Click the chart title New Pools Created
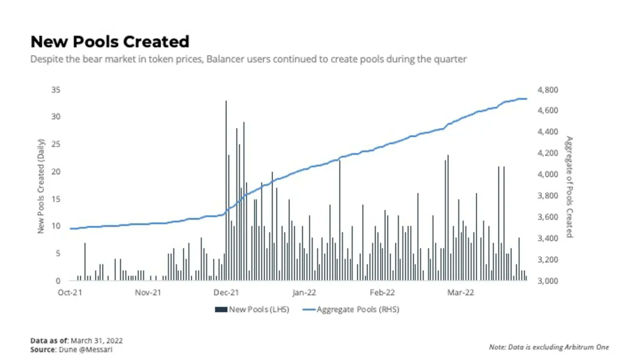110,42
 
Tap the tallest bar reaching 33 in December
226,189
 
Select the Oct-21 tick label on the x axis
70,293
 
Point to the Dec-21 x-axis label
226,293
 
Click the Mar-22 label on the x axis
461,293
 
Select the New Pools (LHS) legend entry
252,310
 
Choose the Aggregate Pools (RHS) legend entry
351,310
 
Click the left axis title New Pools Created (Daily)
41,186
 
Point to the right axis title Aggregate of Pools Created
569,187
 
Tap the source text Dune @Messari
85,350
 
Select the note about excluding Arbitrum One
549,347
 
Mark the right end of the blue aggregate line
526,99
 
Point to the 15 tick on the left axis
56,199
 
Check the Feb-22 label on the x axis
382,293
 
